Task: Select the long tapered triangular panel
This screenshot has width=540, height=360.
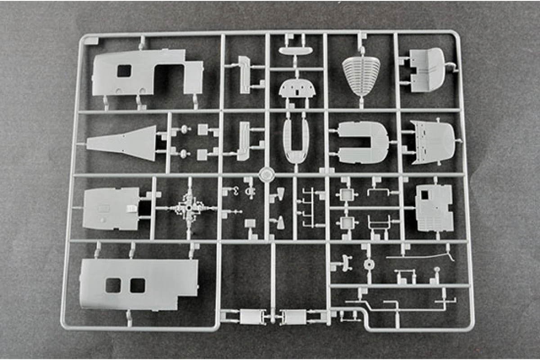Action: pos(122,143)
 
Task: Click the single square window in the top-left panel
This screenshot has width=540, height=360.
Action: pos(124,71)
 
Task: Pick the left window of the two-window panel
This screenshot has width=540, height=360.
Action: pos(113,285)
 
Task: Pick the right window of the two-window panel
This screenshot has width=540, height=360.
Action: pos(137,285)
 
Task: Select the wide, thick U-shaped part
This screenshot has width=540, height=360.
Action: pos(363,143)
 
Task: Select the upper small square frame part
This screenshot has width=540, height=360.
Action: pos(346,195)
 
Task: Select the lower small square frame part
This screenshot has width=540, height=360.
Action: pos(346,222)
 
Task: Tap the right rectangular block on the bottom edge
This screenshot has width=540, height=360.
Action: pos(294,317)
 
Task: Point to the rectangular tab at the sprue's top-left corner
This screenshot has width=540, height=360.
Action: pos(91,40)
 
